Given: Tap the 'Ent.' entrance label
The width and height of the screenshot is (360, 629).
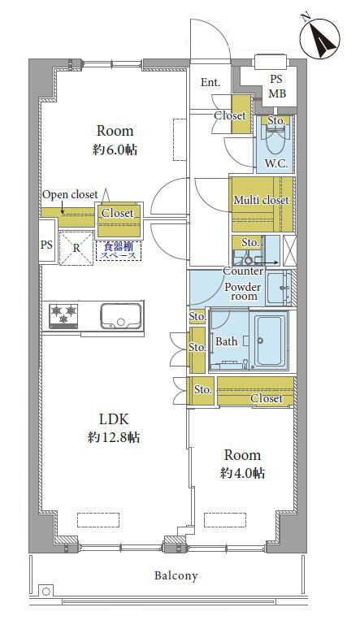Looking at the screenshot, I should tap(210, 82).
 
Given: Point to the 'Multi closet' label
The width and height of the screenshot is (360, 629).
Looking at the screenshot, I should tap(261, 200).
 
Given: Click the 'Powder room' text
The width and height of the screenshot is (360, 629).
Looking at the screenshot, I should tap(241, 291).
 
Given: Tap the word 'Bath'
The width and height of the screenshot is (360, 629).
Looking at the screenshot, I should tap(227, 341).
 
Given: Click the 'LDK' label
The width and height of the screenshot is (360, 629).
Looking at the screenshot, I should tap(115, 419).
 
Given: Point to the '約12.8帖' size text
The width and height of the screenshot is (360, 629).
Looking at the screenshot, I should tap(114, 438).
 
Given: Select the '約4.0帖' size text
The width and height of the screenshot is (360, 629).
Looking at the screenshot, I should tap(242, 473).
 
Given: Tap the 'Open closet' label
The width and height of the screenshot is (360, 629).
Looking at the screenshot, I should tap(70, 194).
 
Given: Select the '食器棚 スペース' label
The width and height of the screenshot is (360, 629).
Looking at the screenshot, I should tap(118, 250).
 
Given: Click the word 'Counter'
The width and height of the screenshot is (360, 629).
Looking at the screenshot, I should tap(242, 271).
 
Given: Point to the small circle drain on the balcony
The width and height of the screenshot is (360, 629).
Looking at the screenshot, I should tap(45, 591).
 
